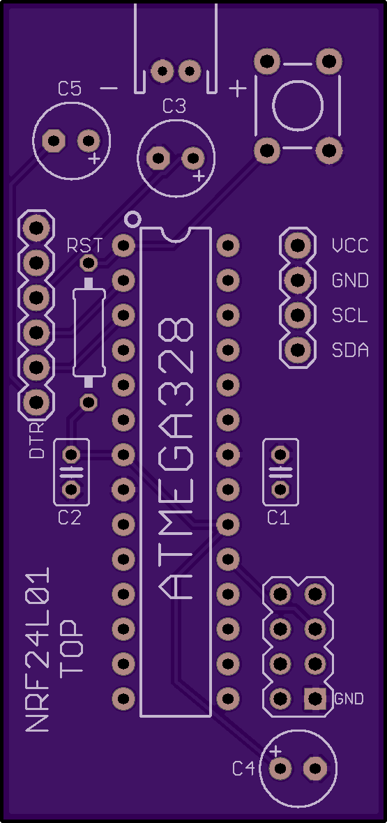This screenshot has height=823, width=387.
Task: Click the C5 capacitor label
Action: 70,89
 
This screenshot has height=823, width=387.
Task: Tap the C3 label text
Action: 174,107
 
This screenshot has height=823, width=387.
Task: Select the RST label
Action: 84,245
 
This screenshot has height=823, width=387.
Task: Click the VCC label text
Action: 350,245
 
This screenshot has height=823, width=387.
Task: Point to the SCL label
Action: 350,315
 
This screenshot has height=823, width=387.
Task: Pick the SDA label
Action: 350,349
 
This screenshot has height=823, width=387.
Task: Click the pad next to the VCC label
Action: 298,245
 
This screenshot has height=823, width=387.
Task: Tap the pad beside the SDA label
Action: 298,349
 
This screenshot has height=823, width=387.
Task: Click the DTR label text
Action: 37,440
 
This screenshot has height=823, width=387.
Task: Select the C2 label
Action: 70,518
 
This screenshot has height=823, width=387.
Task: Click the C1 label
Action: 278,518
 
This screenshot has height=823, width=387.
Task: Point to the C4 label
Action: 244,769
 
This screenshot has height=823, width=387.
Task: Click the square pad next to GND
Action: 315,698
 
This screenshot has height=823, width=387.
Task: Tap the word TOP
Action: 71,647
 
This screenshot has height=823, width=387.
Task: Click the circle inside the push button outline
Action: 298,107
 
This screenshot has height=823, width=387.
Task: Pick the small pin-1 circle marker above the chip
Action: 132,218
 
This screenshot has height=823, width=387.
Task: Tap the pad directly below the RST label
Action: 89,262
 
